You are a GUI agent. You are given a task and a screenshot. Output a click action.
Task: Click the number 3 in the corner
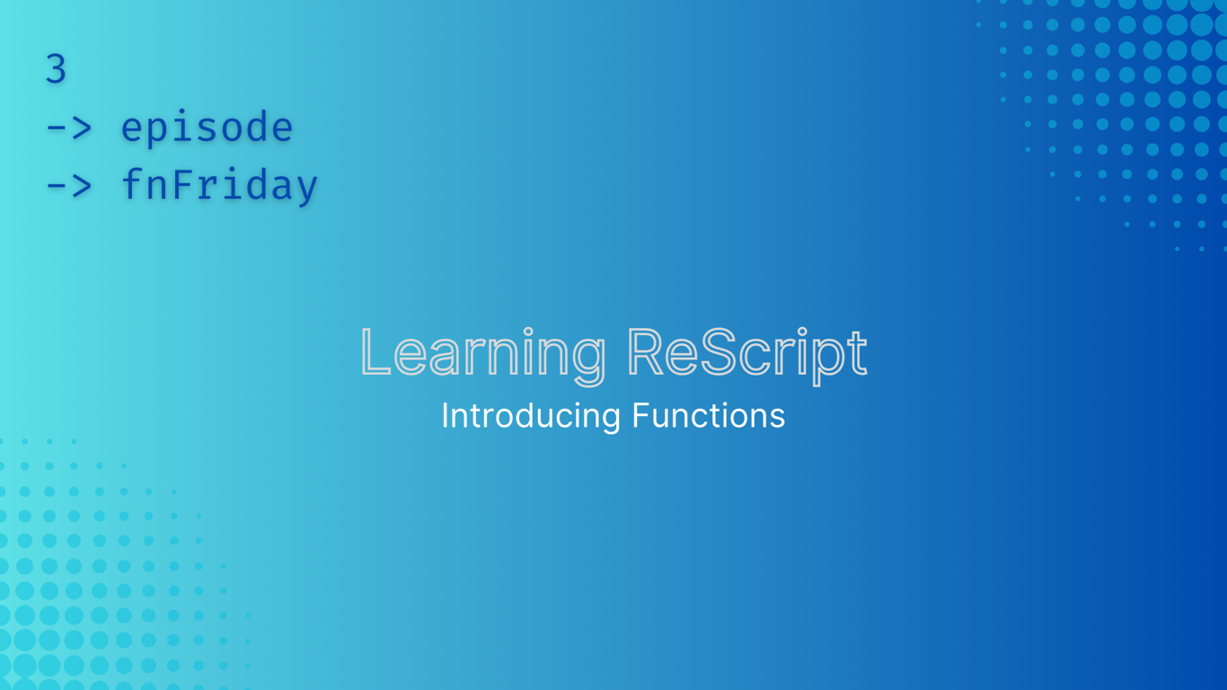tap(56, 69)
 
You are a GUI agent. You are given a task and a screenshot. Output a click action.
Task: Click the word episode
tap(207, 128)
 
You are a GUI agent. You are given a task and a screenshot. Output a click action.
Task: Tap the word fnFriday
tap(219, 185)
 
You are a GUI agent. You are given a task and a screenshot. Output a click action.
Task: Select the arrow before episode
tap(69, 128)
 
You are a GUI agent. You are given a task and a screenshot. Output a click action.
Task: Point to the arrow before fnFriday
tap(69, 186)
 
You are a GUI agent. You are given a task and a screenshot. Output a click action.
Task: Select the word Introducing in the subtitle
tap(531, 415)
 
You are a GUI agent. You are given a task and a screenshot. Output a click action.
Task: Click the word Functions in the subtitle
tap(708, 415)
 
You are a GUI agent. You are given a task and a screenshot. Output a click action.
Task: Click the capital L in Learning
tap(375, 351)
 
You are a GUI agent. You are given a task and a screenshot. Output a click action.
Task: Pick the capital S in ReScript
tap(718, 351)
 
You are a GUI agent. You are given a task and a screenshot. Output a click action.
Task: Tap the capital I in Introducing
tap(446, 415)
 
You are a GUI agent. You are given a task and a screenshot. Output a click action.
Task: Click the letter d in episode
tap(256, 126)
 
